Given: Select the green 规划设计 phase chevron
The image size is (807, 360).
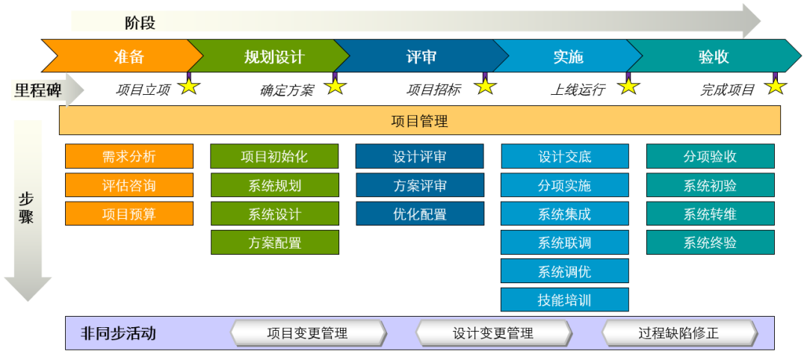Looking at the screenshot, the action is coord(273,57).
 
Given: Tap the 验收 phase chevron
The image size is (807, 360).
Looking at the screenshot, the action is coord(713,57).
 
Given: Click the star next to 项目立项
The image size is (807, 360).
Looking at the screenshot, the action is coord(190,86).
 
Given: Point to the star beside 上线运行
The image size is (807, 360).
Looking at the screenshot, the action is coord(629,86).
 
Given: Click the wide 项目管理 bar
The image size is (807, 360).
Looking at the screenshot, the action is coord(419,120).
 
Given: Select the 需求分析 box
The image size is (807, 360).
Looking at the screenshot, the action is coord(129,156).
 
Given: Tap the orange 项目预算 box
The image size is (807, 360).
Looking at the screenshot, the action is coord(129,214).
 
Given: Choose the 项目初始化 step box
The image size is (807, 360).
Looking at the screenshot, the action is coord(274,156).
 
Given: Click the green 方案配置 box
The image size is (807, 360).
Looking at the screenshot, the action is coord(274,242).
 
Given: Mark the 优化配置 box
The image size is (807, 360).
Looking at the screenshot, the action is coord(419,214).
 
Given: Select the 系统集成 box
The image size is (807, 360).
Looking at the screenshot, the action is coord(564,214).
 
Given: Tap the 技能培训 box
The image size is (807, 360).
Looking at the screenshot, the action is coord(564,300).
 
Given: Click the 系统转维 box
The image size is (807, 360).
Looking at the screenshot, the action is coord(710,214).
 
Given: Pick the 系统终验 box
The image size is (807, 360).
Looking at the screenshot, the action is coord(710,242).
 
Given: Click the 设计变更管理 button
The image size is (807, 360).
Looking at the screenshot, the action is coord(493,333).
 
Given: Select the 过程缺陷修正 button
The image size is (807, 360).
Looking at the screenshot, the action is coord(678,333).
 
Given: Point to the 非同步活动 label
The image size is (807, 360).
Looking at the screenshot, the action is coord(118,333).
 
